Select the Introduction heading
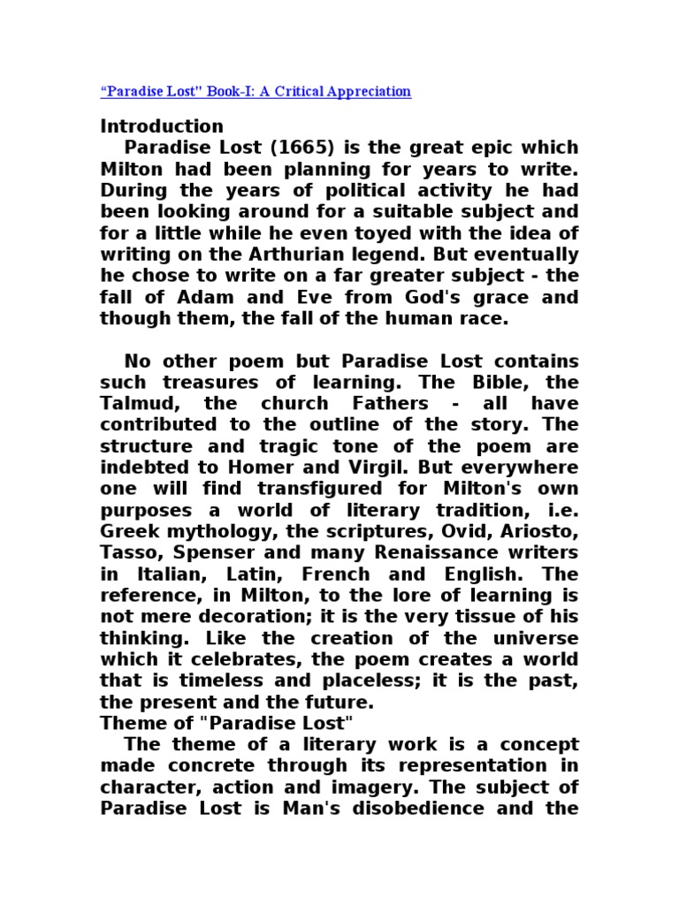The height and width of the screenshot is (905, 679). click(162, 126)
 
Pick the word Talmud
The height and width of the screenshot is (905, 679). click(135, 404)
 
